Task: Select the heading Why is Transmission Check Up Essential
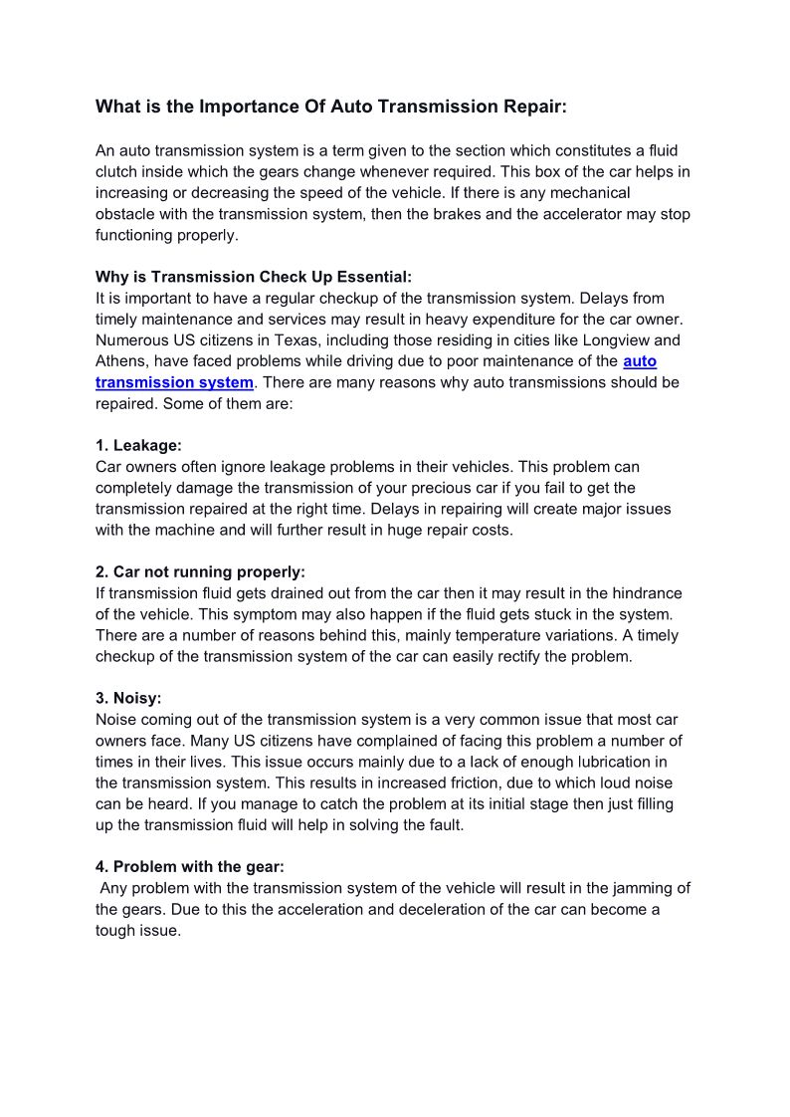tap(253, 277)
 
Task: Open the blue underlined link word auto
tap(640, 360)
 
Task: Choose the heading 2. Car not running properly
tap(200, 572)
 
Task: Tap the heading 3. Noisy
tap(128, 698)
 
